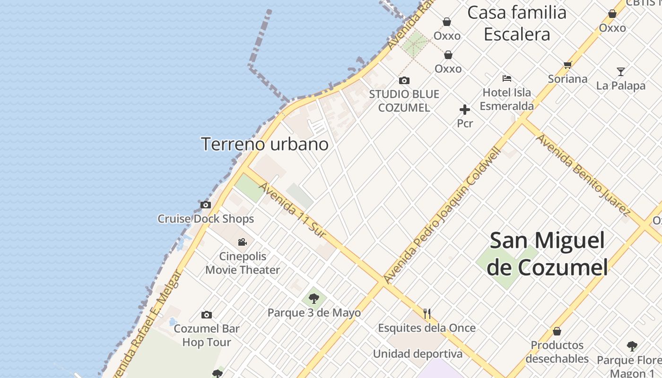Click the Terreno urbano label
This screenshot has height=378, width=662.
(265, 144)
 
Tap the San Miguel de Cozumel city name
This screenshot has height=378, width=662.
(547, 254)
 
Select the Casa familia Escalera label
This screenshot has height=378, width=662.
(517, 23)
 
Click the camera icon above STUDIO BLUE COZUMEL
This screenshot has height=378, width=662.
(404, 81)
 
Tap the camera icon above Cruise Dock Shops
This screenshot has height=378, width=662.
(206, 205)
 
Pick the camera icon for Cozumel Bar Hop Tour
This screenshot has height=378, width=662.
(207, 315)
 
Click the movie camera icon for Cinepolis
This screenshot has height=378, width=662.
(242, 242)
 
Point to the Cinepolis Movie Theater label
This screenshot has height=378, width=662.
(243, 263)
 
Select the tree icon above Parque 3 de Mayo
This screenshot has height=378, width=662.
(314, 299)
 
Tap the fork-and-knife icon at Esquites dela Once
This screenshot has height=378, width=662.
(427, 313)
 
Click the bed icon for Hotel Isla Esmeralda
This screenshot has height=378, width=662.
(507, 78)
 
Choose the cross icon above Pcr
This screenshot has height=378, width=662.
(465, 110)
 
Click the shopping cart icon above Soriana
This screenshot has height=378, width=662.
(567, 65)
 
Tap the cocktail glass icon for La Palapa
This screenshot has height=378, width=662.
(621, 72)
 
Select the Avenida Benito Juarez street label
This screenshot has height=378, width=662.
(583, 174)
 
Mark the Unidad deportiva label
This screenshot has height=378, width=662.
(418, 354)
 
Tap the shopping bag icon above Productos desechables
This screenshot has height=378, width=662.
(557, 331)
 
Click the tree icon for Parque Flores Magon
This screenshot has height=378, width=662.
(632, 346)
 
